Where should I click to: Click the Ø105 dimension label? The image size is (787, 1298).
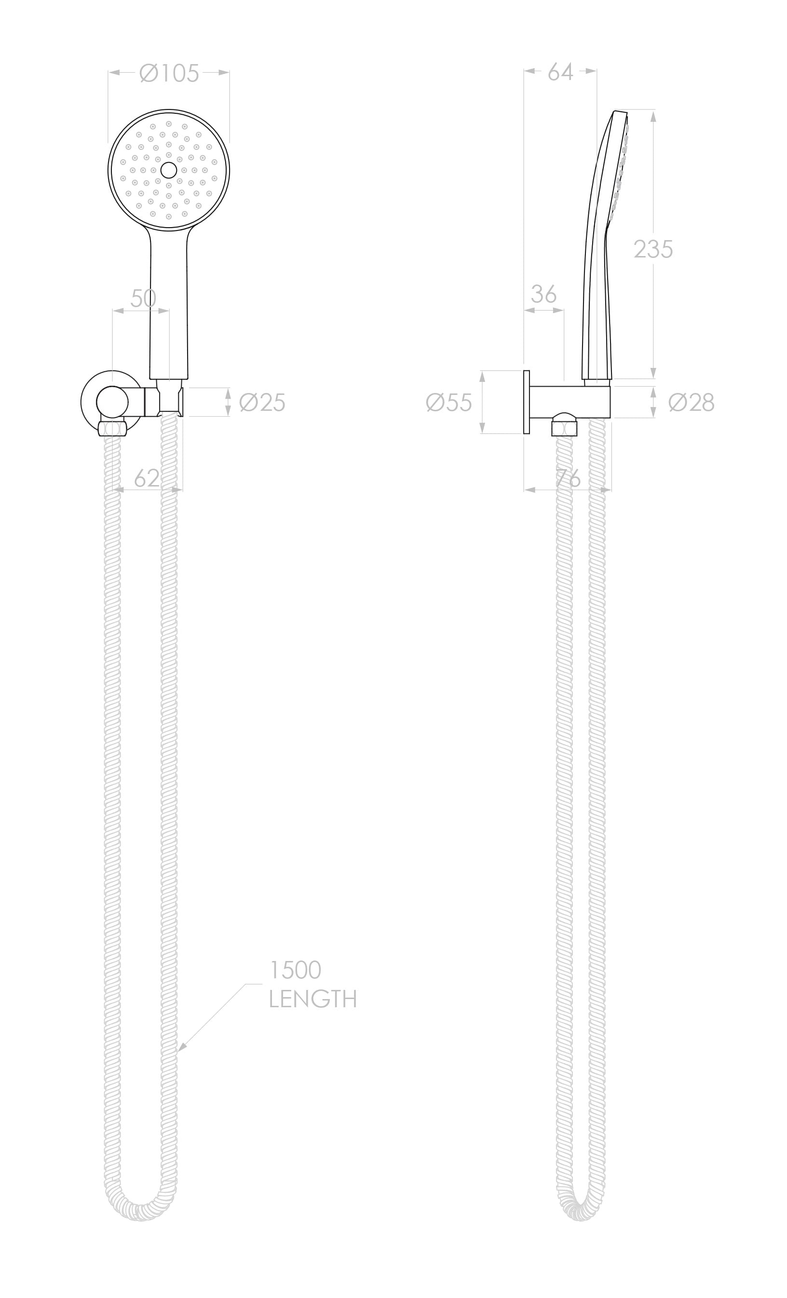click(x=169, y=73)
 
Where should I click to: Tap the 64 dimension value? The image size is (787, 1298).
click(x=559, y=72)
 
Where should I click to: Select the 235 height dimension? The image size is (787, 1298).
click(x=652, y=249)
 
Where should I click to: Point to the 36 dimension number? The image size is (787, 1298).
click(x=543, y=295)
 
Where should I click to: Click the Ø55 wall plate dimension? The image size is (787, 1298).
click(x=449, y=403)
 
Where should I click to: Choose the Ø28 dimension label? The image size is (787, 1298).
click(x=691, y=403)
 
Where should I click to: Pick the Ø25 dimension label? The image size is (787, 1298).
click(x=262, y=403)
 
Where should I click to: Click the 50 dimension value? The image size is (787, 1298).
click(x=143, y=298)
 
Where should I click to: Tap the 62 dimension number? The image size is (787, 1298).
click(x=147, y=478)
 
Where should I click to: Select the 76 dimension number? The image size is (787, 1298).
click(x=568, y=478)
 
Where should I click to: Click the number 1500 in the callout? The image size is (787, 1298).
click(x=295, y=970)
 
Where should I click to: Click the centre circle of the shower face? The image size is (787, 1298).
click(x=169, y=170)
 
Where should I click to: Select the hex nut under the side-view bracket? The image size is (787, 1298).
click(x=564, y=428)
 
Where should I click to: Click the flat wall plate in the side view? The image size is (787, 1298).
click(x=526, y=403)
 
